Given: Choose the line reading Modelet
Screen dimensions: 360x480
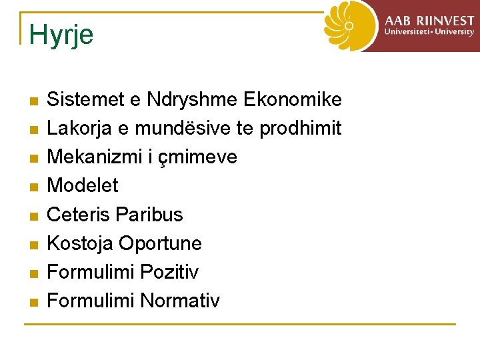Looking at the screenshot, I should click(x=83, y=185).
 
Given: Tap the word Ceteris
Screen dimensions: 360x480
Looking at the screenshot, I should click(x=78, y=214).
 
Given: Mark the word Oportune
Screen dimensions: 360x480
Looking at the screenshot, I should click(x=160, y=243).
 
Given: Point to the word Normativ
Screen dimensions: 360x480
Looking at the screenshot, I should click(x=180, y=301).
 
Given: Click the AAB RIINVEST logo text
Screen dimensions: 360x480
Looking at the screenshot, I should click(x=429, y=24).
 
